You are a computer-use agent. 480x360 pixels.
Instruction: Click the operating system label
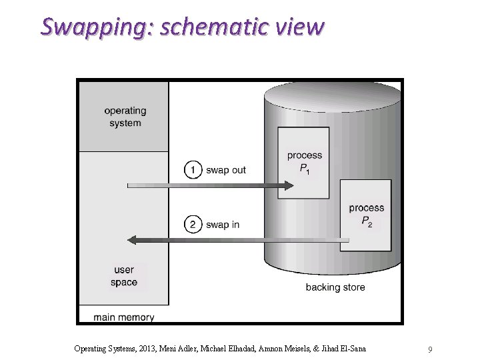click(125, 117)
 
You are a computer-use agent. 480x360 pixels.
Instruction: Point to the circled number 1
click(193, 170)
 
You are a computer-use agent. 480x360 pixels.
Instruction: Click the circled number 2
click(193, 225)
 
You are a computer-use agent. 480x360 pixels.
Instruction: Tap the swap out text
click(226, 170)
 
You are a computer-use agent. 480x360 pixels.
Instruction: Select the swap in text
click(223, 225)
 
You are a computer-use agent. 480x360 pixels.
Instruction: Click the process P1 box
click(304, 163)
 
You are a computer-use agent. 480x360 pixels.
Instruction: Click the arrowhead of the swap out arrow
click(287, 186)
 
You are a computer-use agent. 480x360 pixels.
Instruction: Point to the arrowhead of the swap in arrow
click(133, 239)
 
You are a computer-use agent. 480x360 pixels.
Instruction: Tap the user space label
click(124, 276)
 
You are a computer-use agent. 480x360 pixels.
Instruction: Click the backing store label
click(335, 287)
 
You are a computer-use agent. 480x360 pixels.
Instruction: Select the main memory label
click(124, 317)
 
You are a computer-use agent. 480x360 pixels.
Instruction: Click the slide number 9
click(431, 349)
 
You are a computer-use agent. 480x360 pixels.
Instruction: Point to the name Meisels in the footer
click(305, 349)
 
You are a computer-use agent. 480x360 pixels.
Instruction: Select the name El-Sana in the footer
click(350, 349)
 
